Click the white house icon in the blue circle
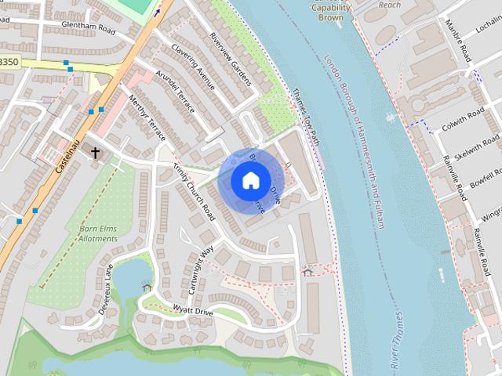click(x=249, y=181)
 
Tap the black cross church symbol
click(x=96, y=153)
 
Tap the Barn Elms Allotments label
click(x=99, y=233)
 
